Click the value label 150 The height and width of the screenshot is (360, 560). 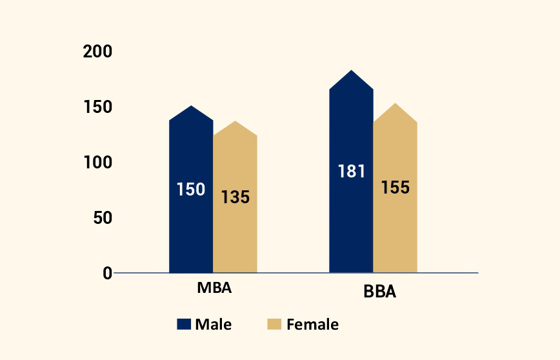[x=191, y=190]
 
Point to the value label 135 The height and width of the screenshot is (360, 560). [x=235, y=197]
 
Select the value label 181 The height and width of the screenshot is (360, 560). [x=352, y=172]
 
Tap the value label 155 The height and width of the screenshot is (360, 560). [x=395, y=188]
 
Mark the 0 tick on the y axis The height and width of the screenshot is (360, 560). [x=108, y=273]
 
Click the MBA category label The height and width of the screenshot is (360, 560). [x=214, y=288]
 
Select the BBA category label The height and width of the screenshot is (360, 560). [x=379, y=292]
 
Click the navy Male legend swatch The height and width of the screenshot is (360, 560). [x=185, y=325]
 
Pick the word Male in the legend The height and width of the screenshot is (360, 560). [x=214, y=325]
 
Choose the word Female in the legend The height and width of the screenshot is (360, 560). [x=312, y=325]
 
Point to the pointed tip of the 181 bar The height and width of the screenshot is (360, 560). [x=351, y=71]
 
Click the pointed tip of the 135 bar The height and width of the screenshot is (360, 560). [x=235, y=122]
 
